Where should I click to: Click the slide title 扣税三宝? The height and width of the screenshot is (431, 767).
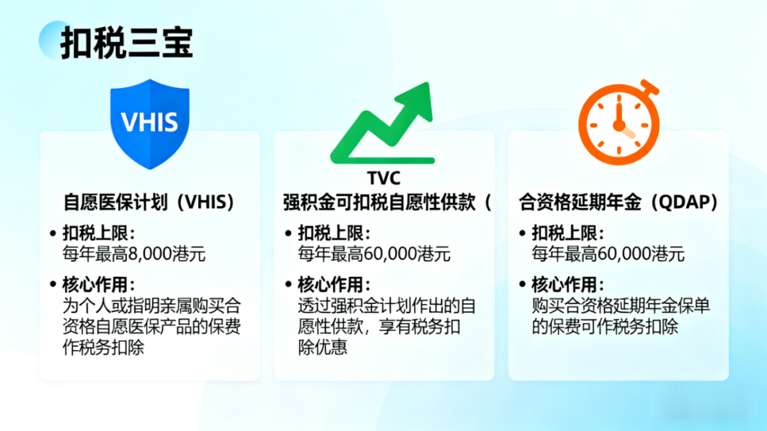pos(126,43)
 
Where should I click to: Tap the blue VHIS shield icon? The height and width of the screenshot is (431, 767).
pos(150,124)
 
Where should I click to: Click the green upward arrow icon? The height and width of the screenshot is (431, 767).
pos(383,124)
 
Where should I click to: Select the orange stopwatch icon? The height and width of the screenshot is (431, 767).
pos(619,122)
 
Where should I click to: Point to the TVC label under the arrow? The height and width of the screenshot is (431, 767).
pos(383,178)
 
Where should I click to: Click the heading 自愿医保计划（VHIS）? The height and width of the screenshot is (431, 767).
pos(149,202)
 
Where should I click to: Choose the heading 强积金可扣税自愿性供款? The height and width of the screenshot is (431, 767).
pos(379,202)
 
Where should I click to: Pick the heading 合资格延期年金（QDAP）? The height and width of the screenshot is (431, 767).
pos(619,202)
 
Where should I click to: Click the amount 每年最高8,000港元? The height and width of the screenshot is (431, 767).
pos(134,254)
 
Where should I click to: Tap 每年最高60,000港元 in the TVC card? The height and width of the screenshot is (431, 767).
pos(374,254)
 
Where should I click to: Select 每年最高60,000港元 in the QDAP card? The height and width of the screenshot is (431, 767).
pos(608,254)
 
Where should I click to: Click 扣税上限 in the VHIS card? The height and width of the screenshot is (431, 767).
pos(95,234)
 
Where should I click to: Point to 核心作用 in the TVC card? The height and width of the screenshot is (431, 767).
pos(331,284)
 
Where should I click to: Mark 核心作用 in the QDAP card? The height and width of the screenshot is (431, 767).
pos(565,284)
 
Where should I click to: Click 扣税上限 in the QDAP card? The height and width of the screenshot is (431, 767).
pos(565,234)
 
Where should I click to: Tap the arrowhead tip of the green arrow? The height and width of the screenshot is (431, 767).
pos(429,83)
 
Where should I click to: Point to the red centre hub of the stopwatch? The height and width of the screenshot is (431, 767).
pos(619,126)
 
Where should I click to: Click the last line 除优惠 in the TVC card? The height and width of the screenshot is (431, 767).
pos(322,347)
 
